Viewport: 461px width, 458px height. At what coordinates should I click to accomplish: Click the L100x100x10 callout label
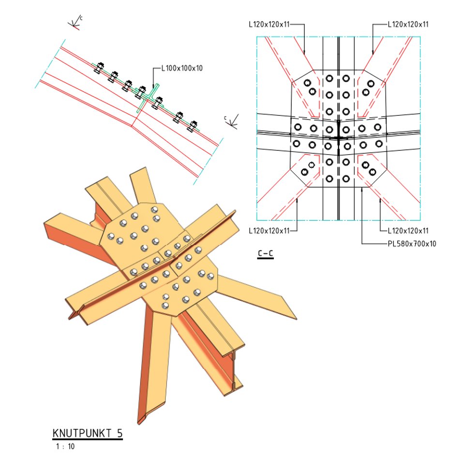[x=182, y=68]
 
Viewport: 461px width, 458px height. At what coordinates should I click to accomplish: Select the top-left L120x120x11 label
[x=269, y=24]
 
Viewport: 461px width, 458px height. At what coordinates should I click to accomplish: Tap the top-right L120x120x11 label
[x=408, y=24]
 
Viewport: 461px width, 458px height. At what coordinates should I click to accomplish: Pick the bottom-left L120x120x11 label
[x=269, y=231]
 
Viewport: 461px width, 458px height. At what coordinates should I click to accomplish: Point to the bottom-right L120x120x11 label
[x=408, y=231]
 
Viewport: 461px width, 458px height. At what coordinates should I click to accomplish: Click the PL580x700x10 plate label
[x=412, y=244]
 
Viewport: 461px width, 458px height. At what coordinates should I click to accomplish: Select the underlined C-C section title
[x=266, y=254]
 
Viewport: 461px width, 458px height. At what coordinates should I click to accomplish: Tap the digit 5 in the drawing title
[x=119, y=433]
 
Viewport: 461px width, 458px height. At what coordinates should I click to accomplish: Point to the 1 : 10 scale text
[x=65, y=446]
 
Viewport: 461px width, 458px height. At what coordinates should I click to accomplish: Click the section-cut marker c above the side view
[x=81, y=18]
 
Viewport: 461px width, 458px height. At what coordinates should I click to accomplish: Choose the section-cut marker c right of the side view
[x=225, y=118]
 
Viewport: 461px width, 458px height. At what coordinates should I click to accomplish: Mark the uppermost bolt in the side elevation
[x=99, y=68]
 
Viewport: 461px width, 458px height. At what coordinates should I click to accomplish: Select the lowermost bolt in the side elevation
[x=193, y=126]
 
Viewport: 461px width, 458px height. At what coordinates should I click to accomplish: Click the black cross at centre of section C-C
[x=339, y=137]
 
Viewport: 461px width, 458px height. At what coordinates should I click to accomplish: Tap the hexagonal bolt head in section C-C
[x=312, y=165]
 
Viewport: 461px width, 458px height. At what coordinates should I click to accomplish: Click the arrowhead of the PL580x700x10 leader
[x=362, y=189]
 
